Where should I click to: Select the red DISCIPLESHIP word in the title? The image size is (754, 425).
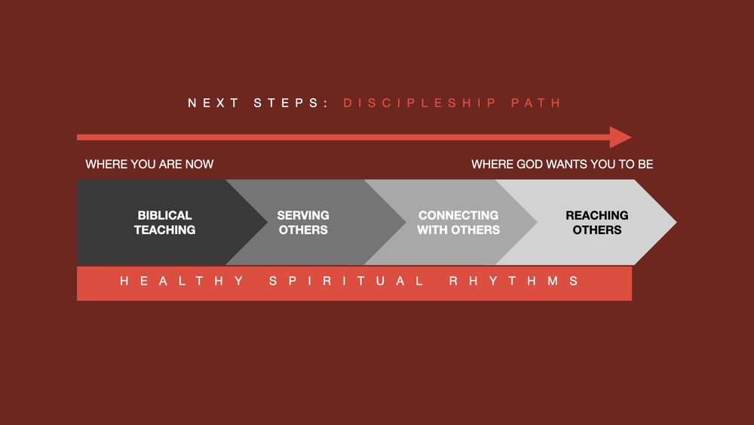(x=418, y=103)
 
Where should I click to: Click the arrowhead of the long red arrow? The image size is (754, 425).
(x=621, y=137)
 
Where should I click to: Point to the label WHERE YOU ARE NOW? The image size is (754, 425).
(x=149, y=164)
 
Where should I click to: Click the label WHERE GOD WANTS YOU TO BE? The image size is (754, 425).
(x=562, y=164)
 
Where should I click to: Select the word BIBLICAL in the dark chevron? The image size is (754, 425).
(x=164, y=215)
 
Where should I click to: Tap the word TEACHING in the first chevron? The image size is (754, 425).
(x=164, y=229)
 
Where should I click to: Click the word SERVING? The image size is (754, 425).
(x=303, y=215)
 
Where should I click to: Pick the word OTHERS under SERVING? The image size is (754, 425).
(x=303, y=229)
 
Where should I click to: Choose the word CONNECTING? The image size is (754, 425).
(x=458, y=215)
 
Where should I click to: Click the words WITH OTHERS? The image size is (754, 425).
(x=458, y=229)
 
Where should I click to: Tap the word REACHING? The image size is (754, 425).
(x=596, y=215)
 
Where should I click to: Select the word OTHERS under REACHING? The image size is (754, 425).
(x=596, y=229)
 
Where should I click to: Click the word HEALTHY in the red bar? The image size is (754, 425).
(x=182, y=281)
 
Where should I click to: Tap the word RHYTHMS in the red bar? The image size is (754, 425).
(x=513, y=281)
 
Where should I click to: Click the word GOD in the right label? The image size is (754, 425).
(x=523, y=164)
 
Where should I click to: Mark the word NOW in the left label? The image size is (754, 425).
(x=200, y=164)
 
